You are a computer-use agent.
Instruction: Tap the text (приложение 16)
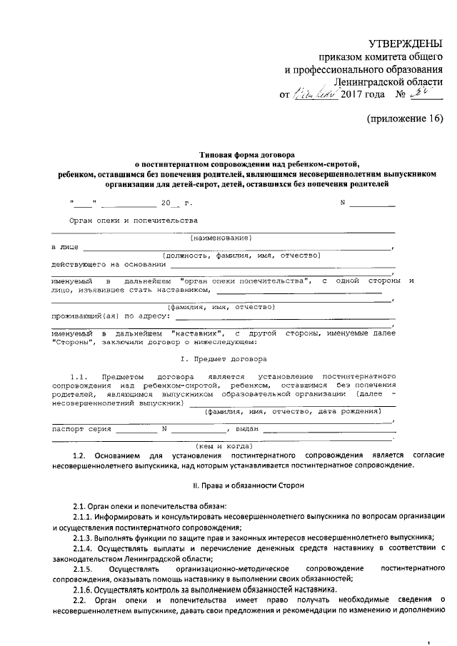pos(405,118)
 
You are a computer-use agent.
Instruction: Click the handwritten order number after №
pos(427,93)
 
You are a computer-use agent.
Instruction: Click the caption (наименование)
pos(221,238)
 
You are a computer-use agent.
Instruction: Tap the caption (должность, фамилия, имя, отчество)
pos(241,255)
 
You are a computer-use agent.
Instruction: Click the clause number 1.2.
pos(80,455)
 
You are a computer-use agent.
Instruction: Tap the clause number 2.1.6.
pos(85,589)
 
